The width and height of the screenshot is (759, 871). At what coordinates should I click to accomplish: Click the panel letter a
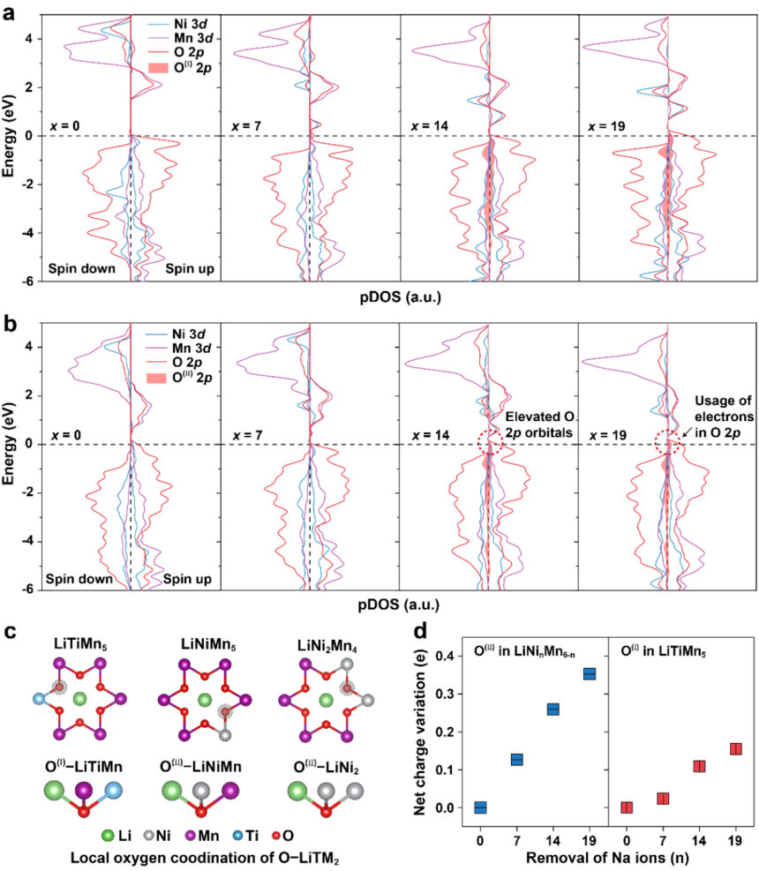click(8, 12)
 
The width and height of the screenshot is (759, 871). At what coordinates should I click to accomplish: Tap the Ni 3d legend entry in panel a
click(177, 24)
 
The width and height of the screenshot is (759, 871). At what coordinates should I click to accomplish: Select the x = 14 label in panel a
click(430, 126)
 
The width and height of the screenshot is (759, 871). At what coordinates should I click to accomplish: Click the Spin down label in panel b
click(79, 579)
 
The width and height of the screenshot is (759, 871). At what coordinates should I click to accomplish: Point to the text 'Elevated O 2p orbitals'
click(539, 425)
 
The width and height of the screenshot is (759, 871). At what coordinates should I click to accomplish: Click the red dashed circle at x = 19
click(667, 443)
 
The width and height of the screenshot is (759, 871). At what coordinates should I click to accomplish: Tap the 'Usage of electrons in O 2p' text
click(724, 417)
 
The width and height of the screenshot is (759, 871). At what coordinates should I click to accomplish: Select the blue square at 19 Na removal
click(589, 674)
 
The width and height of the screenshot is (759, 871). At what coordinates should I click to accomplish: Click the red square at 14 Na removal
click(699, 767)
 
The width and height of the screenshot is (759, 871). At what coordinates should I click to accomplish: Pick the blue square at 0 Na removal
click(481, 807)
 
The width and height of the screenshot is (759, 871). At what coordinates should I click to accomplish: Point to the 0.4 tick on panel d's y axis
click(445, 656)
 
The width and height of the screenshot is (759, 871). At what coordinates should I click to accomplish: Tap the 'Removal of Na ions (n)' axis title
click(607, 858)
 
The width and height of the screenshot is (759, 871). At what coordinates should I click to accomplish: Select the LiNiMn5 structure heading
click(208, 645)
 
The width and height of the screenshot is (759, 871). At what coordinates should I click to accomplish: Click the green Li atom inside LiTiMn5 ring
click(80, 698)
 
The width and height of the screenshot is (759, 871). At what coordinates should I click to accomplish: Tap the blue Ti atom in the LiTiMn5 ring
click(39, 699)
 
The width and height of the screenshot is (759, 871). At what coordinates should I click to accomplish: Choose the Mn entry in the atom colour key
click(202, 836)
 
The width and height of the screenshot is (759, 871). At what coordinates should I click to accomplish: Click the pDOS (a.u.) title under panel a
click(401, 297)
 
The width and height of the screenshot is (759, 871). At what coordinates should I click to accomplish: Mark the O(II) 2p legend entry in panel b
click(179, 378)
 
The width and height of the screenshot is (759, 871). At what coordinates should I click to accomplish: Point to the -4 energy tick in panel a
click(27, 233)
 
